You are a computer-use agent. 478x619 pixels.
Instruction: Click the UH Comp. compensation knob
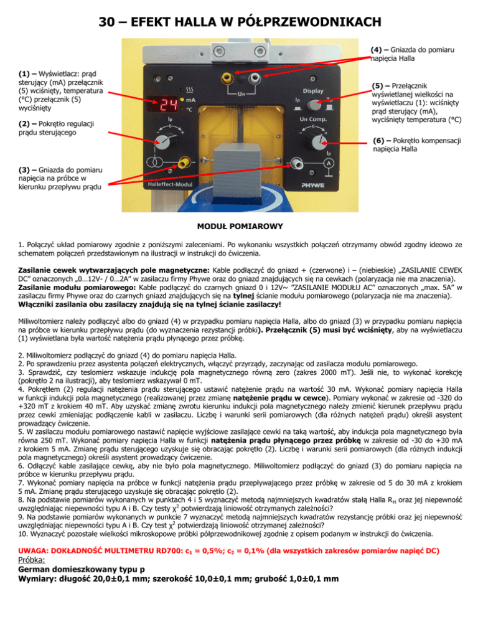[312, 141]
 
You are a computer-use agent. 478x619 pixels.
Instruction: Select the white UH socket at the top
[254, 79]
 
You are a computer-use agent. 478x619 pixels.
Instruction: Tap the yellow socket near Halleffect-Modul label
[185, 163]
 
